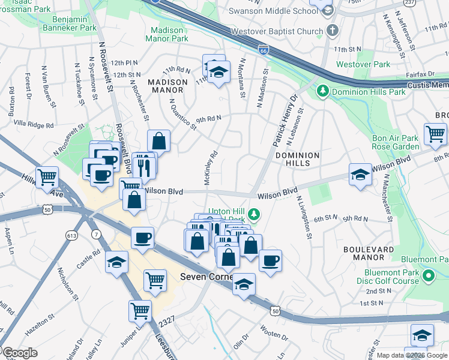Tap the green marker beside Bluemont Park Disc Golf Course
tap(429, 277)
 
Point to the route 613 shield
tap(72, 236)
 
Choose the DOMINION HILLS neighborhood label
tap(297, 160)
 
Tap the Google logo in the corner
tap(19, 353)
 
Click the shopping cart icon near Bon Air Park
tap(435, 134)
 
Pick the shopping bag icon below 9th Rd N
tap(159, 142)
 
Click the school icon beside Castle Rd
tap(116, 262)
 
